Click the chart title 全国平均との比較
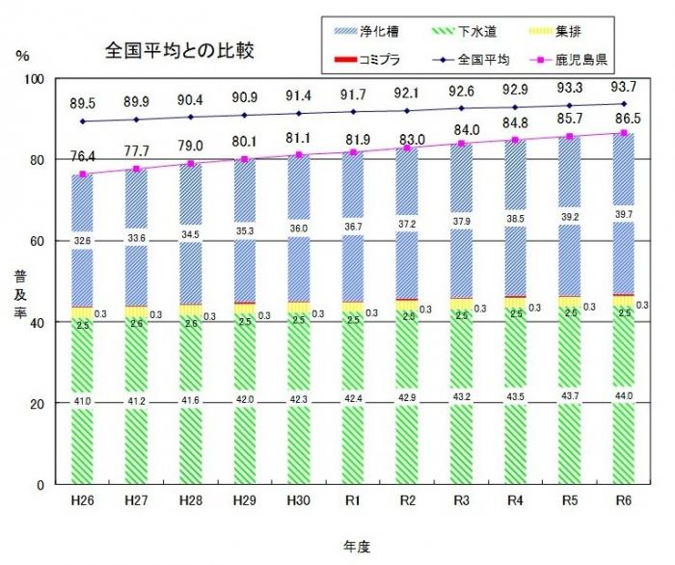(x=181, y=50)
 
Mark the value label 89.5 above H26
(x=82, y=103)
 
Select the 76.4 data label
(x=82, y=155)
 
